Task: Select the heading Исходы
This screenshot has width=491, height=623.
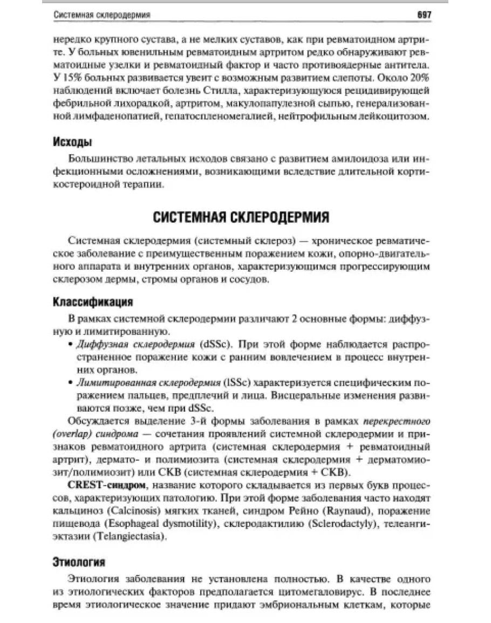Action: [72, 142]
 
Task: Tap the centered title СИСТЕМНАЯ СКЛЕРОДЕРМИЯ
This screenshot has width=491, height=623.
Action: [241, 218]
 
